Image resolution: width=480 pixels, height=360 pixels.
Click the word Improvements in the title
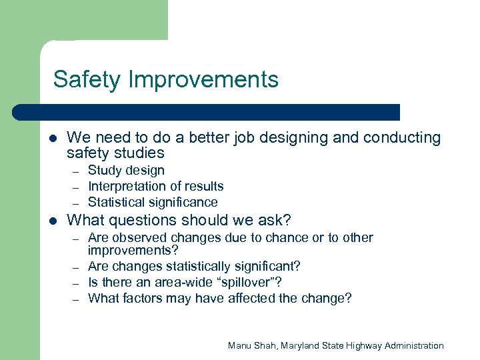click(203, 79)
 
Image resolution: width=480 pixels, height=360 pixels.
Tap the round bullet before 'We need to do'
click(53, 139)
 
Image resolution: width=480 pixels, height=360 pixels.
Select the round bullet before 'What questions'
click(53, 221)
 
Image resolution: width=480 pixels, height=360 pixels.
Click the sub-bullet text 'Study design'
click(126, 171)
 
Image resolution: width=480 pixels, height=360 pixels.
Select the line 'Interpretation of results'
click(155, 187)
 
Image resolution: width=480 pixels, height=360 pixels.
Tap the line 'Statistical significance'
click(153, 202)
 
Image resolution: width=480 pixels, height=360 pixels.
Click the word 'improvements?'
click(133, 250)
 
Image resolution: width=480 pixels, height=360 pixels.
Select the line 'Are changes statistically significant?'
click(194, 267)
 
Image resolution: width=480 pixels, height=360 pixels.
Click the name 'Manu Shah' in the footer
click(253, 345)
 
